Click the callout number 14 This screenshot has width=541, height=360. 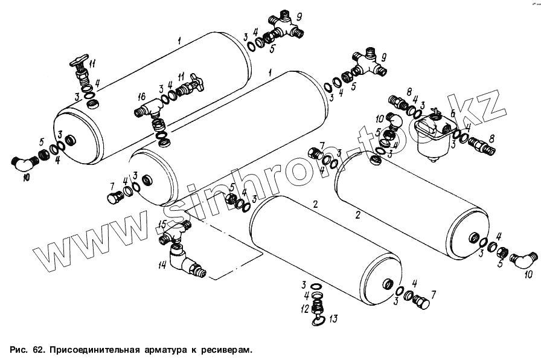click(162, 265)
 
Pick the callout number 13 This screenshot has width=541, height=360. click(333, 318)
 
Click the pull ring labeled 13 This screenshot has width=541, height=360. click(318, 321)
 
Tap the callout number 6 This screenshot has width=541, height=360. click(453, 113)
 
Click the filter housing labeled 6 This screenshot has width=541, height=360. click(434, 137)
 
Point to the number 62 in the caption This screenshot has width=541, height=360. click(37, 350)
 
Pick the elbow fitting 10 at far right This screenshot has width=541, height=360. click(523, 259)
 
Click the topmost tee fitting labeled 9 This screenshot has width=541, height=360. click(285, 25)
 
